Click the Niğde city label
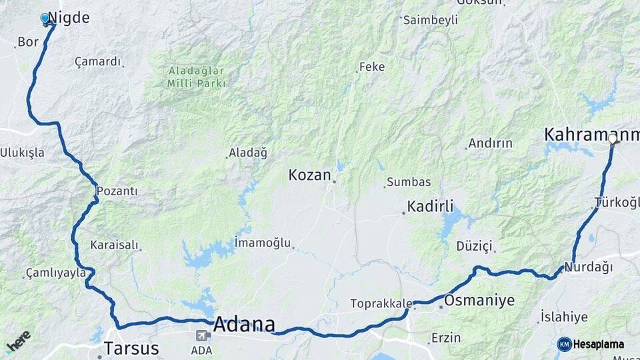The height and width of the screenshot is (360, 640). point(70,18)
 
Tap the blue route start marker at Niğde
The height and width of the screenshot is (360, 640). point(45,19)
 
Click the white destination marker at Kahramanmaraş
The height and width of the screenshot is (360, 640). point(613,139)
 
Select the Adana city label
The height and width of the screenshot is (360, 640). point(244,325)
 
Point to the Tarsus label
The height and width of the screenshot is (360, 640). point(131,348)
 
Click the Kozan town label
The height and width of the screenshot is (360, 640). point(309,175)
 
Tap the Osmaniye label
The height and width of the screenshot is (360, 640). point(479,301)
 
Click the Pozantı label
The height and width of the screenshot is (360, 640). point(117,191)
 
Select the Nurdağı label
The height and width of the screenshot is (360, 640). point(588,267)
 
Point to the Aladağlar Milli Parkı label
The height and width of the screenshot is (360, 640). point(197,77)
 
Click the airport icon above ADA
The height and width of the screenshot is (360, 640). point(202,335)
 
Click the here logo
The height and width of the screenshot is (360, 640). point(19,342)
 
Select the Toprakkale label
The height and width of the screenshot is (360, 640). point(381,304)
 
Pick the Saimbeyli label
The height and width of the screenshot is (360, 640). point(431,20)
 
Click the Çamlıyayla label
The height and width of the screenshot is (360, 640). point(55,273)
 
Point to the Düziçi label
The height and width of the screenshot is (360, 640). point(474,247)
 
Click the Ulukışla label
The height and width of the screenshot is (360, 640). point(23,153)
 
